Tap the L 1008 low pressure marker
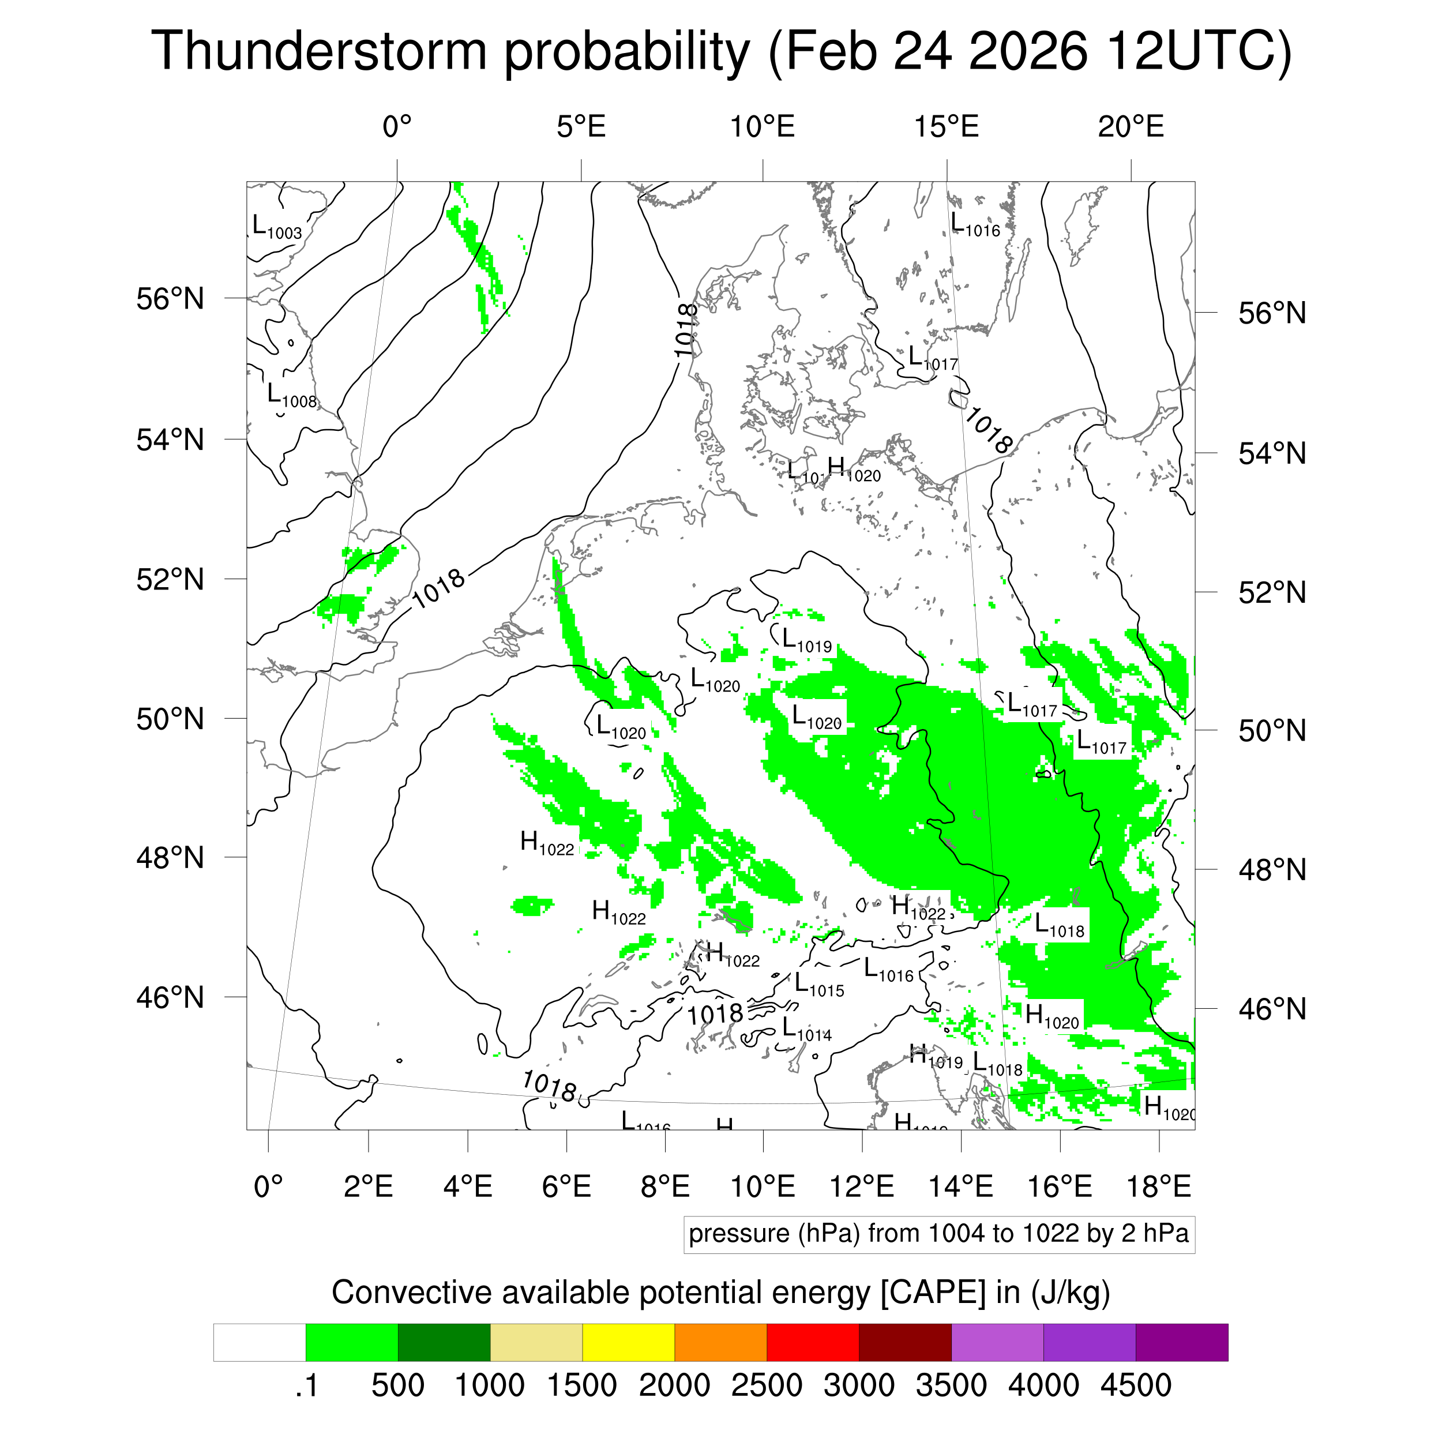click(x=292, y=396)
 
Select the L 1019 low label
click(x=806, y=641)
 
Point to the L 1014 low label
click(x=806, y=1030)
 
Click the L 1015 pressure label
click(x=819, y=985)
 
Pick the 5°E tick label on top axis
click(x=581, y=127)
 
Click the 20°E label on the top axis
click(x=1130, y=127)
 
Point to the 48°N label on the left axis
click(x=170, y=858)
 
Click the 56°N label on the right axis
click(x=1272, y=313)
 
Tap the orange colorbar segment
click(x=720, y=1342)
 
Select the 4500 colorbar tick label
click(x=1135, y=1385)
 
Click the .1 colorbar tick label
click(x=306, y=1385)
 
